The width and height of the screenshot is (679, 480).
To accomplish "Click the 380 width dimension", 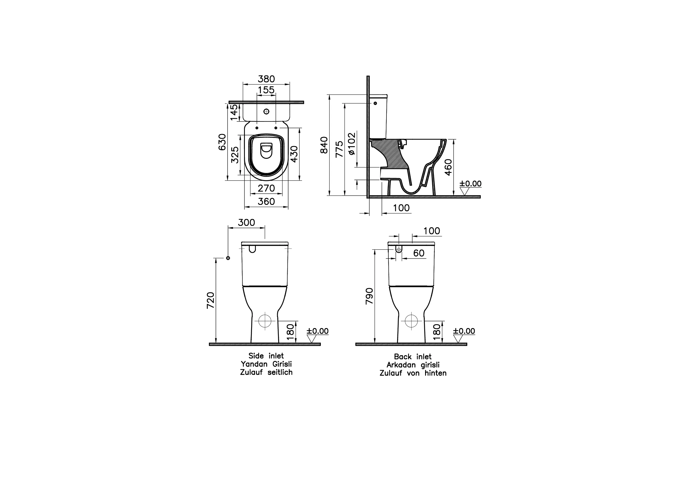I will pyautogui.click(x=266, y=79).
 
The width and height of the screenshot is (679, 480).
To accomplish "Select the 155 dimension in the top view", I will pyautogui.click(x=266, y=90).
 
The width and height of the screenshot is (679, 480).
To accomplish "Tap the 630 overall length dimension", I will pyautogui.click(x=222, y=142).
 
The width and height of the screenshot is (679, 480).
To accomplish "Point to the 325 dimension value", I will pyautogui.click(x=235, y=155).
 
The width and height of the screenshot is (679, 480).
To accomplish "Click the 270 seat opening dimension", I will pyautogui.click(x=266, y=188).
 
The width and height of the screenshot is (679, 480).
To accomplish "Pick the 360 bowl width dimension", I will pyautogui.click(x=266, y=201).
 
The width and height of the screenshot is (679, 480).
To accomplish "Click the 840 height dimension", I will pyautogui.click(x=324, y=145).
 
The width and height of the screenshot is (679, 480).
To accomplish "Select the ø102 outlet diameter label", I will pyautogui.click(x=352, y=144).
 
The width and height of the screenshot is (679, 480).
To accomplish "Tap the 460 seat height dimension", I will pyautogui.click(x=448, y=167).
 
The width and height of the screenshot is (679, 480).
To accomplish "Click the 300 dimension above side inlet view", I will pyautogui.click(x=246, y=222).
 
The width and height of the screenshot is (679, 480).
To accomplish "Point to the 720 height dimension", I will pyautogui.click(x=211, y=300).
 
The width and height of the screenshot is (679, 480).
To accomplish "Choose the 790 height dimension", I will pyautogui.click(x=369, y=296).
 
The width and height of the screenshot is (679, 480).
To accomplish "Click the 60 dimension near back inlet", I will pyautogui.click(x=419, y=253).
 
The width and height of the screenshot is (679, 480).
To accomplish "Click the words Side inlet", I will pyautogui.click(x=266, y=356).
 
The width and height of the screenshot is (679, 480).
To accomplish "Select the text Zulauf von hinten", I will pyautogui.click(x=413, y=373).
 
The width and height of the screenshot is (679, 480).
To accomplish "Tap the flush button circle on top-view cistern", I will pyautogui.click(x=266, y=111).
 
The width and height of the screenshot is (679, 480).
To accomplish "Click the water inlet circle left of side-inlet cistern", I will pyautogui.click(x=228, y=258).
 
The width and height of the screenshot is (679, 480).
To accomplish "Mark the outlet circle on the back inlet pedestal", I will pyautogui.click(x=411, y=321).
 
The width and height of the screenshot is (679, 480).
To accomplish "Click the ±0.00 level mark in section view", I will pyautogui.click(x=470, y=183).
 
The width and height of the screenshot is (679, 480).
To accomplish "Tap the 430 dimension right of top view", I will pyautogui.click(x=294, y=154).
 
